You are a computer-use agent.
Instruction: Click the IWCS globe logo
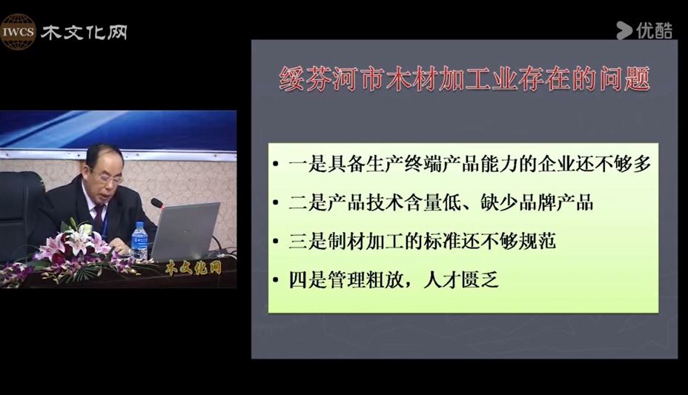[x=18, y=32]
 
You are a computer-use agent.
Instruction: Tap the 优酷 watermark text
[x=654, y=30]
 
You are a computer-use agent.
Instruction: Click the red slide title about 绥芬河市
[x=464, y=79]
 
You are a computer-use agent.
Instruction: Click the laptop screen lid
[x=185, y=230]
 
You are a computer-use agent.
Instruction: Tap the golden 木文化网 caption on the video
[x=193, y=268]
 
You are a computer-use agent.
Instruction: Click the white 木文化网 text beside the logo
[x=85, y=33]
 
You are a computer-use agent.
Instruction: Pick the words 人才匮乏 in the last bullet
[x=461, y=279]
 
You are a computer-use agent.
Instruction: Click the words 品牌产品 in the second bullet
[x=556, y=202]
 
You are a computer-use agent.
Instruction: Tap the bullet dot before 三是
[x=276, y=242]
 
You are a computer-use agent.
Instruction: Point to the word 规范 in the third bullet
[x=537, y=241]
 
